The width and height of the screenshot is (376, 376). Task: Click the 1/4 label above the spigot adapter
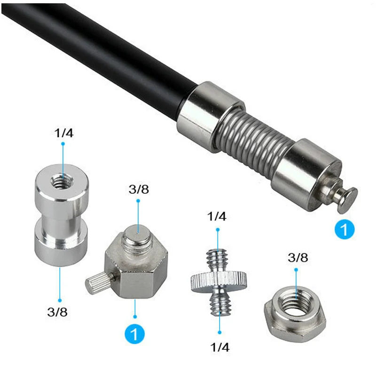pyautogui.click(x=64, y=133)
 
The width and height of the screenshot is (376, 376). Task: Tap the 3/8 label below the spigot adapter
pyautogui.click(x=57, y=312)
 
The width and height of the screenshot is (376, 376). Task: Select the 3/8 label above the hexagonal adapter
pyautogui.click(x=139, y=189)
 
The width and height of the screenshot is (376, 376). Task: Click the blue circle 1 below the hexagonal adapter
pyautogui.click(x=134, y=334)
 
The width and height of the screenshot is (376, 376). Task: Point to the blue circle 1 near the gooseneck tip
pyautogui.click(x=345, y=229)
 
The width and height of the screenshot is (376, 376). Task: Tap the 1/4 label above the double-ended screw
pyautogui.click(x=217, y=216)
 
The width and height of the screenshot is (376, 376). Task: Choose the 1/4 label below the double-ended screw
pyautogui.click(x=220, y=347)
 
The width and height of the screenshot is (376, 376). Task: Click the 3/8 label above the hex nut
pyautogui.click(x=298, y=258)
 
